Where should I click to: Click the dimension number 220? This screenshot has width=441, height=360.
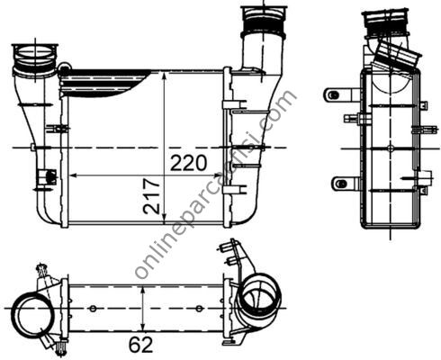click(x=189, y=162)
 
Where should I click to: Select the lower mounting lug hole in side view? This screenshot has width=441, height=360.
click(x=337, y=184)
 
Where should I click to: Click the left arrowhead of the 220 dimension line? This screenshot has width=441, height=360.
click(x=71, y=173)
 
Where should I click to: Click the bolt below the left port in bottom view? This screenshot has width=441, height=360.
click(x=59, y=346)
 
